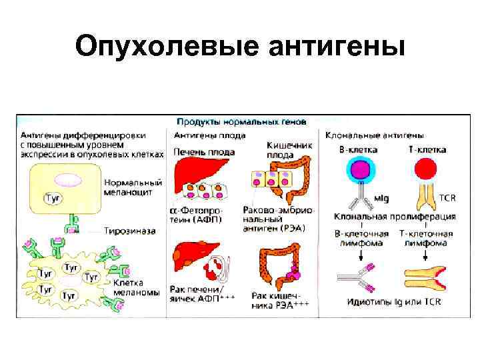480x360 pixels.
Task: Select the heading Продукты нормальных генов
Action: click(x=241, y=122)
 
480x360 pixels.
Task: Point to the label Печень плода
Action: click(x=204, y=152)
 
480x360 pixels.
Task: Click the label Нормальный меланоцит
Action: click(x=133, y=187)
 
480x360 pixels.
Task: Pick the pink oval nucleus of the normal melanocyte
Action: click(x=67, y=179)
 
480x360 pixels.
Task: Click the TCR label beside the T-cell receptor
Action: click(x=447, y=198)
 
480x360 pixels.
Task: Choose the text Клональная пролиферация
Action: click(x=394, y=217)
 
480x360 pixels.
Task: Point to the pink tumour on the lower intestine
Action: click(x=293, y=269)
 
